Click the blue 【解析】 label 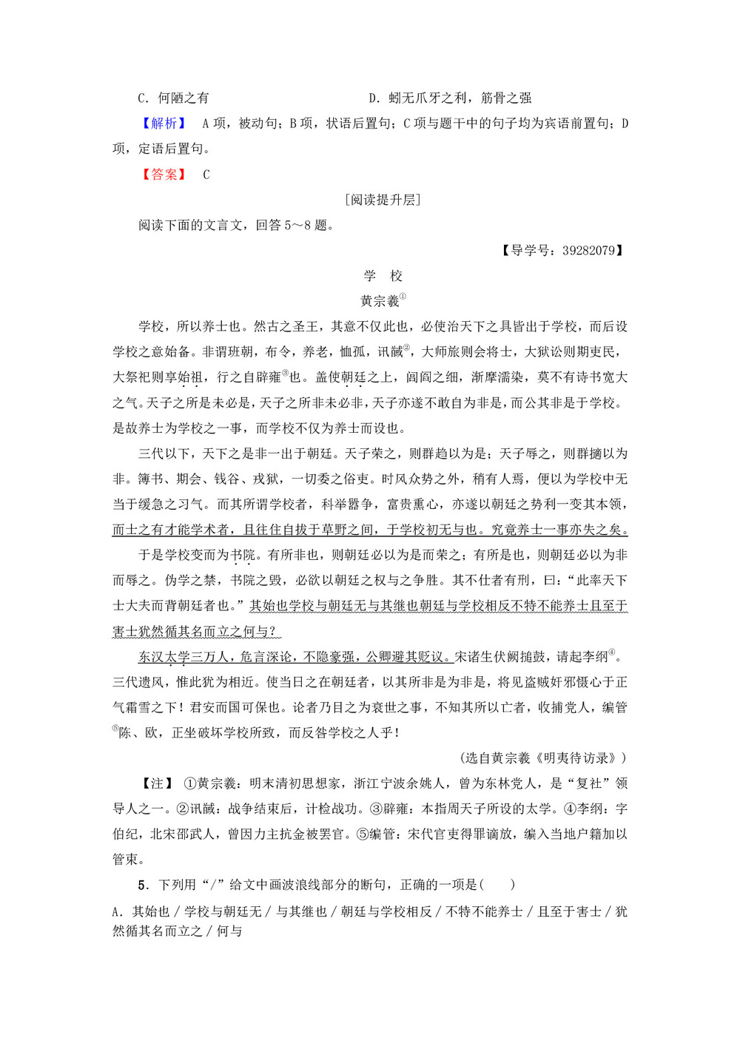[164, 124]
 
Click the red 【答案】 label [164, 175]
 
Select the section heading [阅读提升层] [383, 200]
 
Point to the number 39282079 [588, 251]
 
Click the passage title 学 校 [383, 276]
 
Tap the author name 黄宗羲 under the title [380, 301]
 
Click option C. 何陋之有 [174, 98]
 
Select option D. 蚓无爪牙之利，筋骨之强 [450, 98]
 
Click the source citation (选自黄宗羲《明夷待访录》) [543, 757]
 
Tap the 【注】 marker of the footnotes [157, 783]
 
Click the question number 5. [142, 885]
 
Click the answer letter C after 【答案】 [206, 175]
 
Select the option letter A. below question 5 [118, 912]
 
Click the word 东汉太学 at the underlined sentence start [164, 657]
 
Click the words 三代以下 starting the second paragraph [164, 453]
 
